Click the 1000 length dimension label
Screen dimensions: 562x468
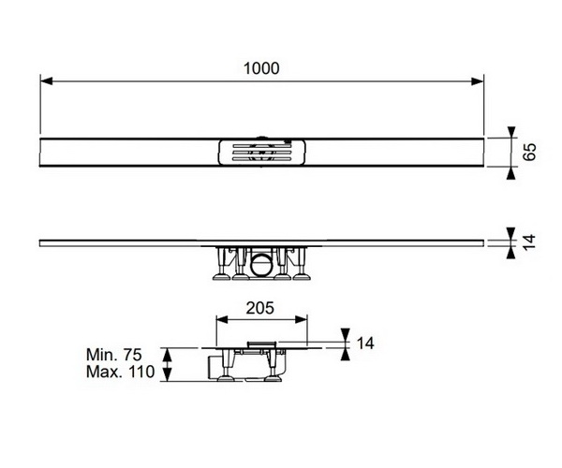click(261, 68)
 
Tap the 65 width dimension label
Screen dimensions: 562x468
click(529, 152)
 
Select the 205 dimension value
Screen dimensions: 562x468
click(259, 308)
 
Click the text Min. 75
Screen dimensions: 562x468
click(114, 355)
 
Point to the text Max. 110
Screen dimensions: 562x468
click(121, 372)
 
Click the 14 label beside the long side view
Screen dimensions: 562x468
click(529, 242)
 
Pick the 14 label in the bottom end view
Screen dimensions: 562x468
click(365, 343)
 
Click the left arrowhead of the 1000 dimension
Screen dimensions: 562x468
click(47, 81)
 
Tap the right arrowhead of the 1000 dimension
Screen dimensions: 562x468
click(478, 81)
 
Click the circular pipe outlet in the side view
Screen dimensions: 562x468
click(261, 265)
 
